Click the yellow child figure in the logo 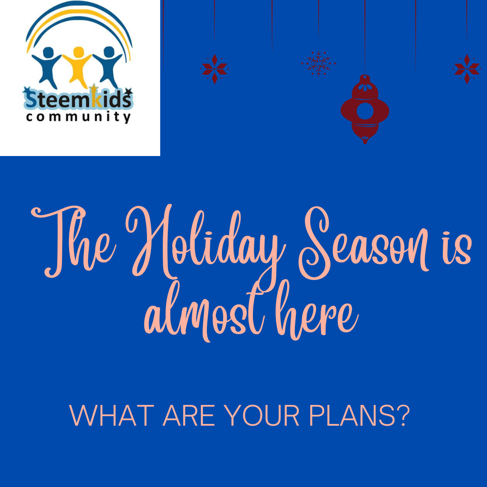pyautogui.click(x=78, y=66)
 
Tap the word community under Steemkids pyautogui.click(x=78, y=117)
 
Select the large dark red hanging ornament pyautogui.click(x=365, y=109)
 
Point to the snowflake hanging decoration pyautogui.click(x=318, y=64)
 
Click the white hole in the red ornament pyautogui.click(x=365, y=111)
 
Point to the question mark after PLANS pyautogui.click(x=403, y=415)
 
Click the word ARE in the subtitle pyautogui.click(x=189, y=415)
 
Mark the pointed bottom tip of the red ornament pyautogui.click(x=365, y=143)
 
